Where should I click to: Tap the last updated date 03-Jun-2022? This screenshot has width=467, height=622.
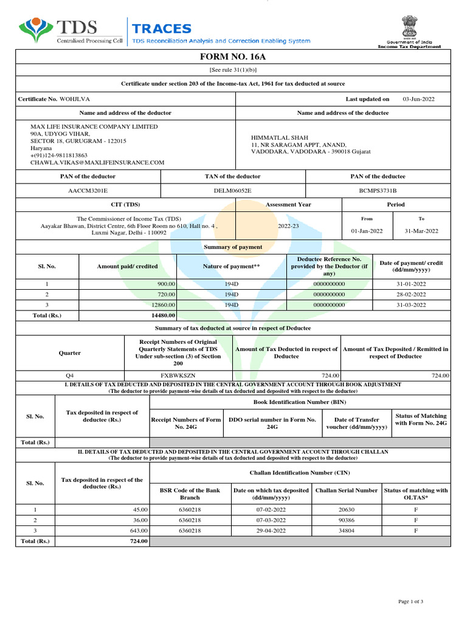[x=418, y=98]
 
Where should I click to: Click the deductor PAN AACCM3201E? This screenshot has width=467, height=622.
[x=88, y=191]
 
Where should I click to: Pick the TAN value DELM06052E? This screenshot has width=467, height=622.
[x=232, y=191]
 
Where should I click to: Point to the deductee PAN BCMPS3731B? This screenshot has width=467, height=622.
[x=378, y=191]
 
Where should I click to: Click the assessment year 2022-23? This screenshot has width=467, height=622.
[x=288, y=225]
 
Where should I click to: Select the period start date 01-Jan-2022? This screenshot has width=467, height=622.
[x=367, y=231]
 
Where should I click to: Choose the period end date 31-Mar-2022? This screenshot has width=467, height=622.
[x=421, y=231]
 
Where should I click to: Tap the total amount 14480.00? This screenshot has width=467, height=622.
[x=163, y=315]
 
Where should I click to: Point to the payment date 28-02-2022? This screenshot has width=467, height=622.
[x=411, y=295]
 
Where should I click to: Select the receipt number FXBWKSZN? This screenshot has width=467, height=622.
[x=178, y=376]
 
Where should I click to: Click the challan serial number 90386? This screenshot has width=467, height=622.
[x=346, y=520]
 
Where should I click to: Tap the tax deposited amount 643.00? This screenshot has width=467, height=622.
[x=139, y=530]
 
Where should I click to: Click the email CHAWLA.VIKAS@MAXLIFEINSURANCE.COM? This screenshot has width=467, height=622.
[x=97, y=163]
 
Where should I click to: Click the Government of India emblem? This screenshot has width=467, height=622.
[x=409, y=27]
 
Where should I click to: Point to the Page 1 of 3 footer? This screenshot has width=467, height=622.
[x=410, y=601]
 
